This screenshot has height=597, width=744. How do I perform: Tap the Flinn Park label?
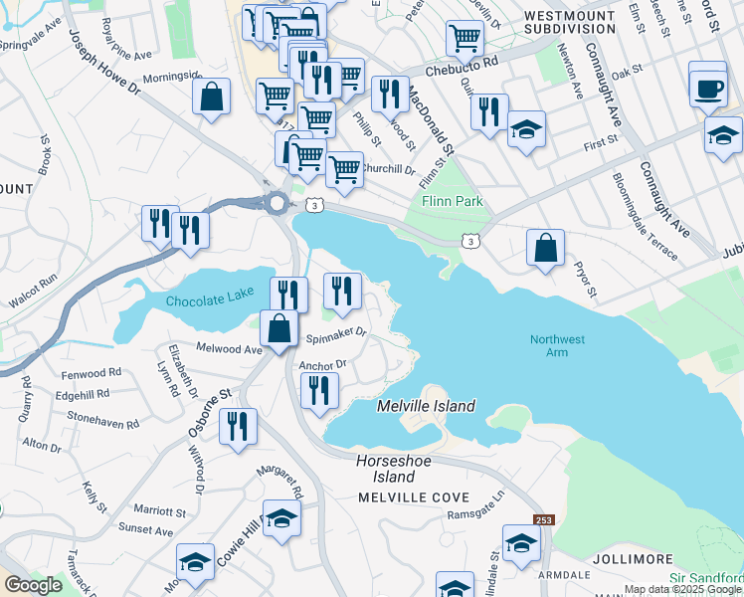click(452, 202)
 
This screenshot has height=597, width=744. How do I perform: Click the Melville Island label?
click(426, 406)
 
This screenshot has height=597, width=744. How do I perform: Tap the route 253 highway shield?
click(543, 520)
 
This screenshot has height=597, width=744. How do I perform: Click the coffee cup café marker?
click(708, 87)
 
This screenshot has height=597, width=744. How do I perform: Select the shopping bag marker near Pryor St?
click(545, 249)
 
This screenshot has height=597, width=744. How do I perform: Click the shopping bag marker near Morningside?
click(212, 98)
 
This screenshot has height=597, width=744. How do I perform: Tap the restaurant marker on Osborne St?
click(237, 428)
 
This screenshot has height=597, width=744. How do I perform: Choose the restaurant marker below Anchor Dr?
click(319, 390)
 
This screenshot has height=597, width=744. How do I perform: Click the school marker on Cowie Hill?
click(281, 519)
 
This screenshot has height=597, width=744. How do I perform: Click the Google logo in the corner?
click(33, 585)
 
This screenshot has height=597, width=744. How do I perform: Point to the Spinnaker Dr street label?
click(337, 333)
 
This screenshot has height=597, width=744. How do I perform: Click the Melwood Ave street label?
click(229, 349)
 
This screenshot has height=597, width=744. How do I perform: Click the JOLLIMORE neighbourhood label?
click(634, 560)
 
